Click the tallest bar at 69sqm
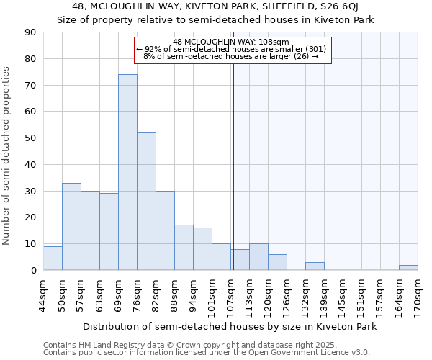pos(127,173)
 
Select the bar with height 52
pos(146,202)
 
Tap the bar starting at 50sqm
pos(71,227)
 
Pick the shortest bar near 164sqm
pos(408,268)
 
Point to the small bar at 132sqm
pos(315,266)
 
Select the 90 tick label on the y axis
pos(31,32)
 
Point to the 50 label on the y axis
pos(31,138)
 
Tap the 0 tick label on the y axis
pos(34,271)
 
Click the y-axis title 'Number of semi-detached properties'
pos(6,155)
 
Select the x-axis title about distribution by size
pos(230,326)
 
